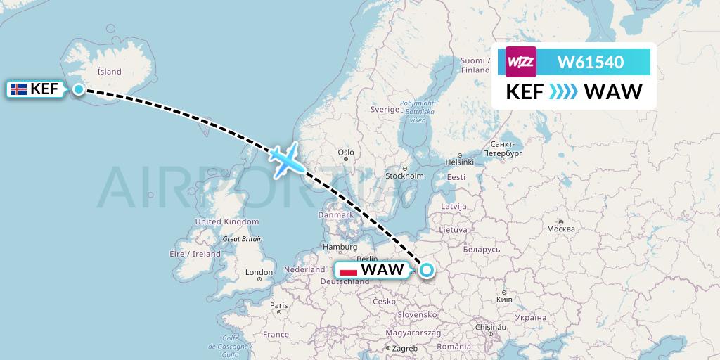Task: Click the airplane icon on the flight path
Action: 286,161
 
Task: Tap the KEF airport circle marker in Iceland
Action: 79,89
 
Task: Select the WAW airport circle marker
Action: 426,269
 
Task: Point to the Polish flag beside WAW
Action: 347,270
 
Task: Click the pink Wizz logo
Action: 521,62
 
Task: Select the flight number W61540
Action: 590,62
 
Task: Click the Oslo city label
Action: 345,152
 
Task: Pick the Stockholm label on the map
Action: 404,176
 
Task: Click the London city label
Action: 259,272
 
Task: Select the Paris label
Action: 279,305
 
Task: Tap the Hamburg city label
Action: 340,247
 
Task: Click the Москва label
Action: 560,229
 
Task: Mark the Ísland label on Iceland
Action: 110,71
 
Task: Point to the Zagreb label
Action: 406,348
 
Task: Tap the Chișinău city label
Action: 489,327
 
